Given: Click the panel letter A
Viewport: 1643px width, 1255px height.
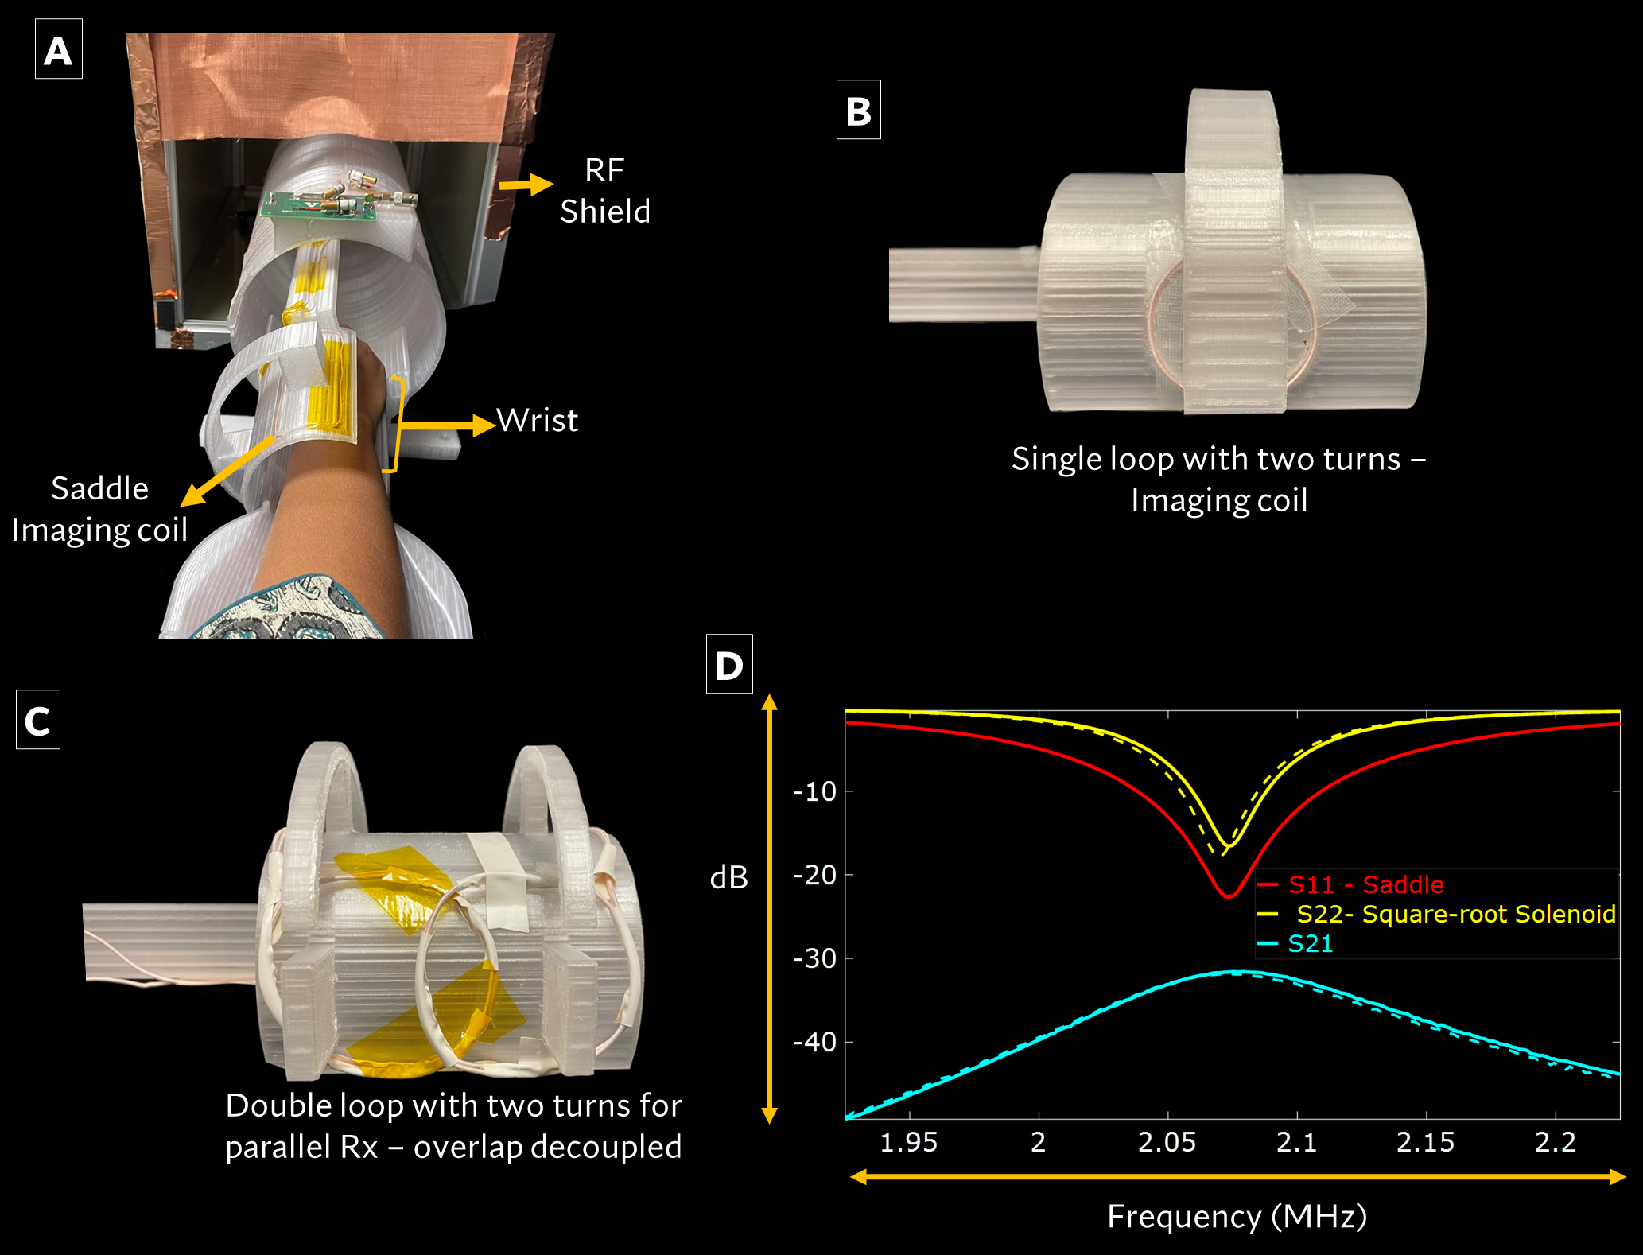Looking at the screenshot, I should [58, 51].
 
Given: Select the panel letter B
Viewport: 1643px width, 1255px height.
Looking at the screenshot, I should [858, 111].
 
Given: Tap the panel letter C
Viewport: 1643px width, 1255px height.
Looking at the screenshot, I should [37, 721].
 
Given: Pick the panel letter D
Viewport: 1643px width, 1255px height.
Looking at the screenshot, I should [728, 665].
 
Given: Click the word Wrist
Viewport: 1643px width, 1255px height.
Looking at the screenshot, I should [538, 420].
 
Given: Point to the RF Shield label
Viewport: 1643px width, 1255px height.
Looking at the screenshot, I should [604, 191].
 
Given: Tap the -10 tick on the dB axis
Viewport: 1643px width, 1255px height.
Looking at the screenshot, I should [815, 791].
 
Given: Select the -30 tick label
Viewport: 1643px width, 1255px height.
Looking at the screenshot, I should [815, 958].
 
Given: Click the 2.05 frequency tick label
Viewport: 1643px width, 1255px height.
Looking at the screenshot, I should [1167, 1142].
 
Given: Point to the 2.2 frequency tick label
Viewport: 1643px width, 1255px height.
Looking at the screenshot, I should [1555, 1142].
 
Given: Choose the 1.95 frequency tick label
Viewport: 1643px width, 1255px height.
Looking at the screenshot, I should [908, 1142].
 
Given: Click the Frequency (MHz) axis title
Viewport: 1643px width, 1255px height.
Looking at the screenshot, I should [1237, 1216].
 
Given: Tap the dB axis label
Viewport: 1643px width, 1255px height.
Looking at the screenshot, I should [728, 877].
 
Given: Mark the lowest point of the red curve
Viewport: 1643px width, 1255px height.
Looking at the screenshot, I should [1229, 896].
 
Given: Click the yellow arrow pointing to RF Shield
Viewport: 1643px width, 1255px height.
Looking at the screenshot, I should [526, 185].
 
